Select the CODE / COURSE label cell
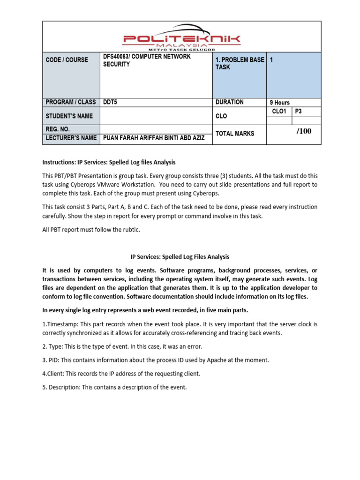[67, 60]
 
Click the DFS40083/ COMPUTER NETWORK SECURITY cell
[147, 60]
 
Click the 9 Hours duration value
[279, 102]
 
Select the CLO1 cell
[279, 111]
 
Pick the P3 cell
[299, 111]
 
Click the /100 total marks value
[303, 131]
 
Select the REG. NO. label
[59, 129]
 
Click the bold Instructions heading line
[109, 162]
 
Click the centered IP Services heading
[180, 257]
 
